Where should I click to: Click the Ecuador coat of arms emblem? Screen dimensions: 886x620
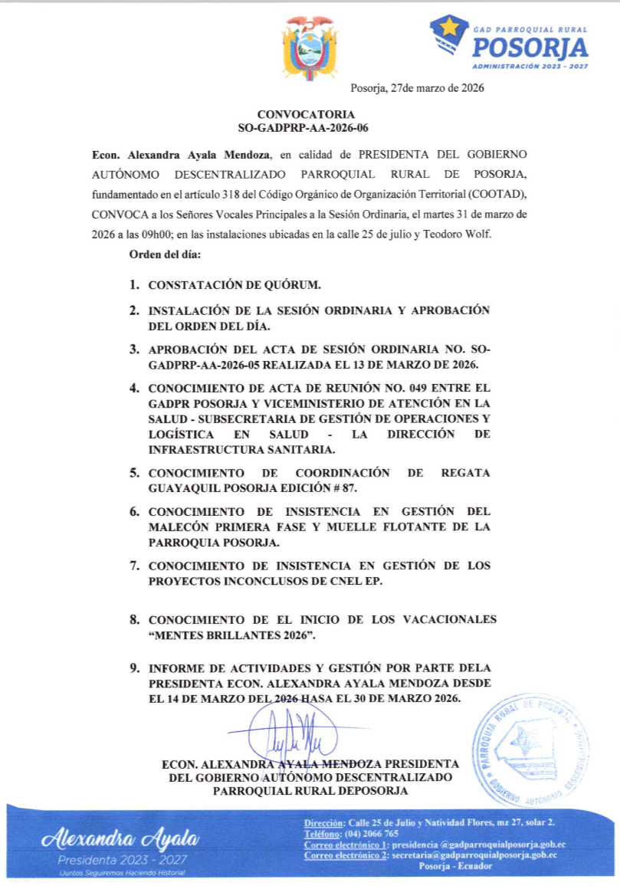click(310, 48)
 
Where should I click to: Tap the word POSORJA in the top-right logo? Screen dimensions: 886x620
click(530, 48)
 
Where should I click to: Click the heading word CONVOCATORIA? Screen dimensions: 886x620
click(310, 114)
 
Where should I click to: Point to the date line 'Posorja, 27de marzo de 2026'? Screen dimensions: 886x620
click(417, 88)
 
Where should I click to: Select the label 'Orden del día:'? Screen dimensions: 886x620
click(164, 254)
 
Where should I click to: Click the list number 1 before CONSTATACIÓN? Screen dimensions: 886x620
click(133, 285)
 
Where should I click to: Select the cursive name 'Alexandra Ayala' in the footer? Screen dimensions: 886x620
click(122, 838)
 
